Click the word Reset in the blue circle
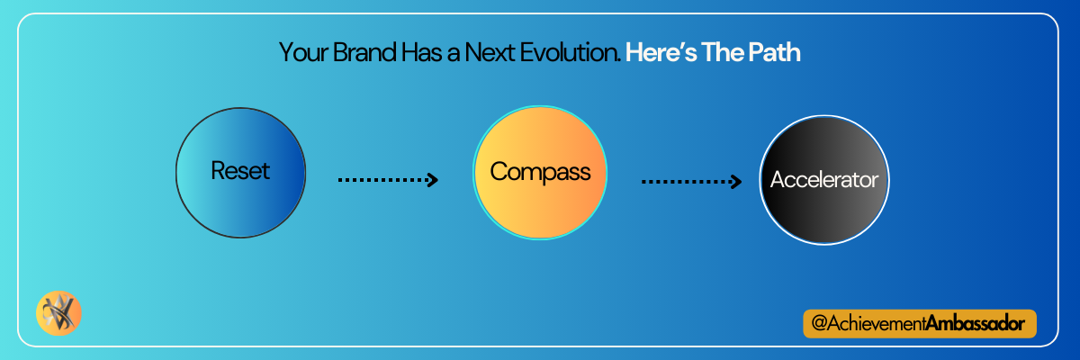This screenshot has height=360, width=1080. (240, 171)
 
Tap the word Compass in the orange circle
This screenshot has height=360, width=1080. (540, 173)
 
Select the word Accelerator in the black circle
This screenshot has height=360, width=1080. (824, 180)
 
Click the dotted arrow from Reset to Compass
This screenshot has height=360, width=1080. (388, 180)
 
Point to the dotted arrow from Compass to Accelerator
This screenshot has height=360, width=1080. (691, 182)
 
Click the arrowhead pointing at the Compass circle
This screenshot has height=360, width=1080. (434, 180)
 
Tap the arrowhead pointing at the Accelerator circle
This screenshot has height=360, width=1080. (737, 182)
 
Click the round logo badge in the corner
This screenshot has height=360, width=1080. (58, 313)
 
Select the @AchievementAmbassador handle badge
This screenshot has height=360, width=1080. (920, 324)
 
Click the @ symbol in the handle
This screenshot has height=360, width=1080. (819, 323)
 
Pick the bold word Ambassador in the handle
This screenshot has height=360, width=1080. (976, 323)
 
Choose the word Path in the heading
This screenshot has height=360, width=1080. (775, 52)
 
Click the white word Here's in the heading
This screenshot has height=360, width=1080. (661, 52)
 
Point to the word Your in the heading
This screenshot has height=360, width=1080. (303, 52)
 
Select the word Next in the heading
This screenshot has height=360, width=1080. (490, 52)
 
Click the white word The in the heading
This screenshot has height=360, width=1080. (721, 52)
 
